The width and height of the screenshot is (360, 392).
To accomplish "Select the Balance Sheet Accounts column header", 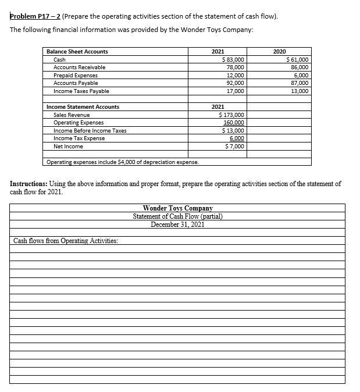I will tap(77, 52).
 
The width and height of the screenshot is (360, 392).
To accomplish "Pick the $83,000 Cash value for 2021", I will tap(234, 60).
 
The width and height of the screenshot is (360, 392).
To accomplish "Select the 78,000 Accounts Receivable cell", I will tap(236, 67).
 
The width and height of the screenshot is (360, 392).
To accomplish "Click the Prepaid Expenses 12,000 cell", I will tap(236, 76).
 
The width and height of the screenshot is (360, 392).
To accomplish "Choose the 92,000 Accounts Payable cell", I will tap(236, 83).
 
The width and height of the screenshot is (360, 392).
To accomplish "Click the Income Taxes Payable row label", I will tap(81, 91).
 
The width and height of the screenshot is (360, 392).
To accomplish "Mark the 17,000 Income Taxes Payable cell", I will tap(236, 91).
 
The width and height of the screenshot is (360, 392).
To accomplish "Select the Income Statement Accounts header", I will tap(83, 107).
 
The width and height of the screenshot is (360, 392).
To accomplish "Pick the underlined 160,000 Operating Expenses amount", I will tap(234, 123).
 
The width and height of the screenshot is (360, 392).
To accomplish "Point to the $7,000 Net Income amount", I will tap(235, 147).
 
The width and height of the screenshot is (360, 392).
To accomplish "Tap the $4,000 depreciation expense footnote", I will tap(122, 162).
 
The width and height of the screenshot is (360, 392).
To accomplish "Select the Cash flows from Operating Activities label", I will tap(65, 240).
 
